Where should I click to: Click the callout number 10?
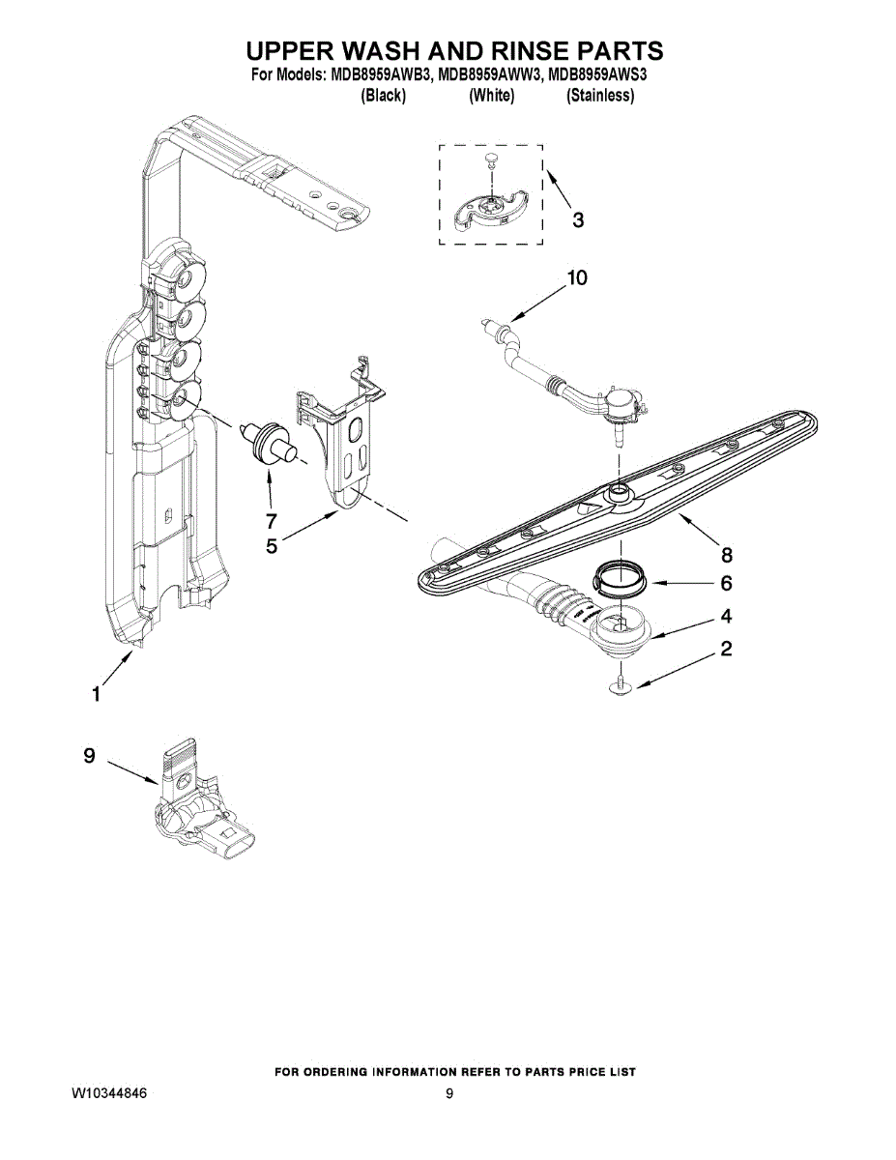pos(576,278)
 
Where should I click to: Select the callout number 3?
pos(577,220)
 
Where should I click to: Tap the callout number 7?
pos(272,519)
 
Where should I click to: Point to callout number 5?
pos(272,546)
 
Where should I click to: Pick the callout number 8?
pos(726,554)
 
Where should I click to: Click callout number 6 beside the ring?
pos(726,584)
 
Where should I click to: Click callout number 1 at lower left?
pos(96,693)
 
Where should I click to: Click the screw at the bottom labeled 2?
pos(620,685)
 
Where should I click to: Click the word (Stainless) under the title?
pos(600,96)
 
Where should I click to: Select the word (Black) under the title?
pos(382,96)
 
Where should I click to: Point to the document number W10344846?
pos(109,1093)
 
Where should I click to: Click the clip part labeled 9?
pos(193,807)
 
